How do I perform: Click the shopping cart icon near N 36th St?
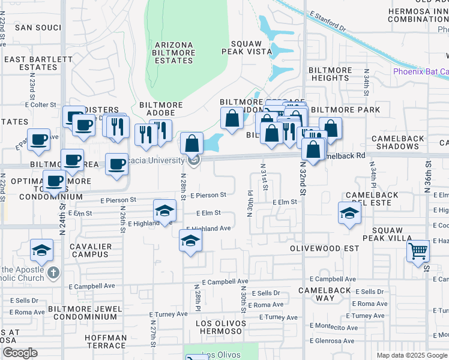click(x=418, y=250)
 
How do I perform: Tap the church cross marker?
click(x=53, y=273)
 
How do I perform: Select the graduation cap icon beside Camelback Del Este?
click(x=349, y=213)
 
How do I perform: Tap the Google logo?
click(x=19, y=353)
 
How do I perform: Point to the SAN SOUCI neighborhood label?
click(x=38, y=28)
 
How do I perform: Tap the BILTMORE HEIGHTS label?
click(x=330, y=74)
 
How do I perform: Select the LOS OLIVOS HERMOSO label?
click(x=221, y=328)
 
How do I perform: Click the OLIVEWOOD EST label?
click(x=324, y=248)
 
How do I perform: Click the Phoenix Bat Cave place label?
click(x=420, y=71)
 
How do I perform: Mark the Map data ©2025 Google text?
click(x=411, y=355)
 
